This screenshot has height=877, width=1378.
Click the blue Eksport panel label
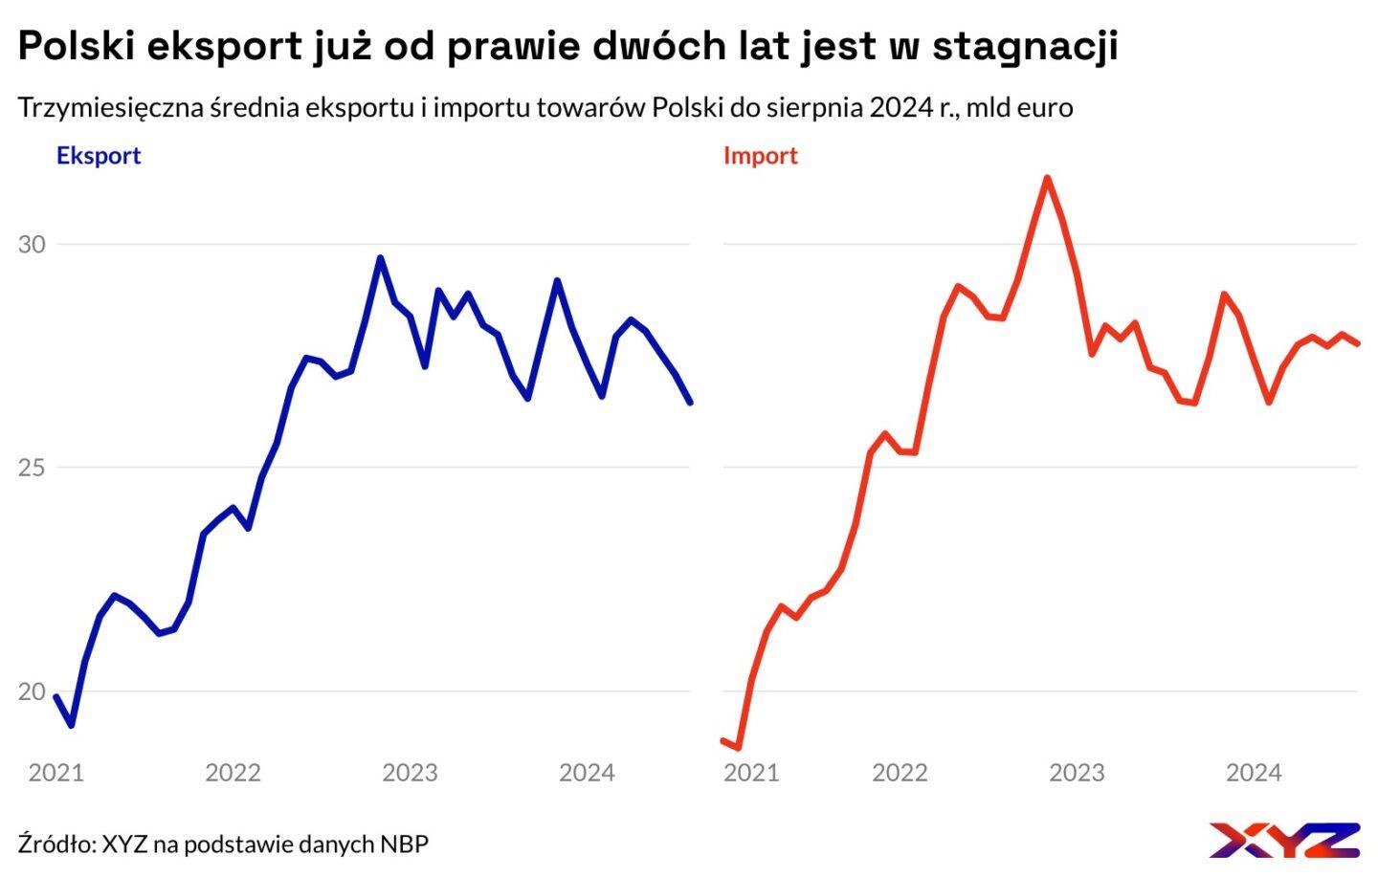coord(98,156)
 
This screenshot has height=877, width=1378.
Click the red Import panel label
coord(760,156)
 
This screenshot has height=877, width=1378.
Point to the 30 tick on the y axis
coord(32,244)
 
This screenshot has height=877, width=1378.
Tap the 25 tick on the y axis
coord(32,468)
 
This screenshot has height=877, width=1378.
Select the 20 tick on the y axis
coord(32,691)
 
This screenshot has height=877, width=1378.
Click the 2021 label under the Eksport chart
coord(56,773)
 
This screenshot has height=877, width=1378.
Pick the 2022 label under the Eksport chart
coord(233,773)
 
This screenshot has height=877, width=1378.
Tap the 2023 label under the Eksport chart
coord(410,773)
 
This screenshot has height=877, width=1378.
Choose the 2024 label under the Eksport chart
coord(587,773)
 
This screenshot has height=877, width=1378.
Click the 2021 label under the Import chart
coord(751,773)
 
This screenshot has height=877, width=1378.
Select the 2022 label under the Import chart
coord(900,773)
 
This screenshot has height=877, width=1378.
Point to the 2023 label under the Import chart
coord(1077,773)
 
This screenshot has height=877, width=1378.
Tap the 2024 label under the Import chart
coord(1254,773)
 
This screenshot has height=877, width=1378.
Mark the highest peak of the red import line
coord(1048,178)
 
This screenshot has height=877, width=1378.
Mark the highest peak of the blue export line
coord(380,257)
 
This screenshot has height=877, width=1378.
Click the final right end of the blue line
coord(690,403)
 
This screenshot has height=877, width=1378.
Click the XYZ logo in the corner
coord(1283,840)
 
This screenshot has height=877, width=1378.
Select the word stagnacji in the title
coord(1025,46)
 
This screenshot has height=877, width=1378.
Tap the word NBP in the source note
coord(404,844)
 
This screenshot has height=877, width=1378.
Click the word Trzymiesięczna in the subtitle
coord(111,107)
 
